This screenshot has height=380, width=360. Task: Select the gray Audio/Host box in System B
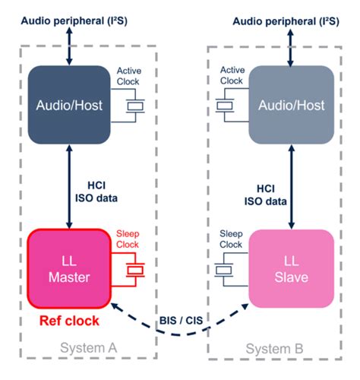[x=291, y=104]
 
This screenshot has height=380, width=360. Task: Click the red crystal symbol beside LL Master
[x=134, y=270]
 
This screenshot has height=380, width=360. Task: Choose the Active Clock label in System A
[x=129, y=76]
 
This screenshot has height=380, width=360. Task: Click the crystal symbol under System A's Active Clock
[x=134, y=106]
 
